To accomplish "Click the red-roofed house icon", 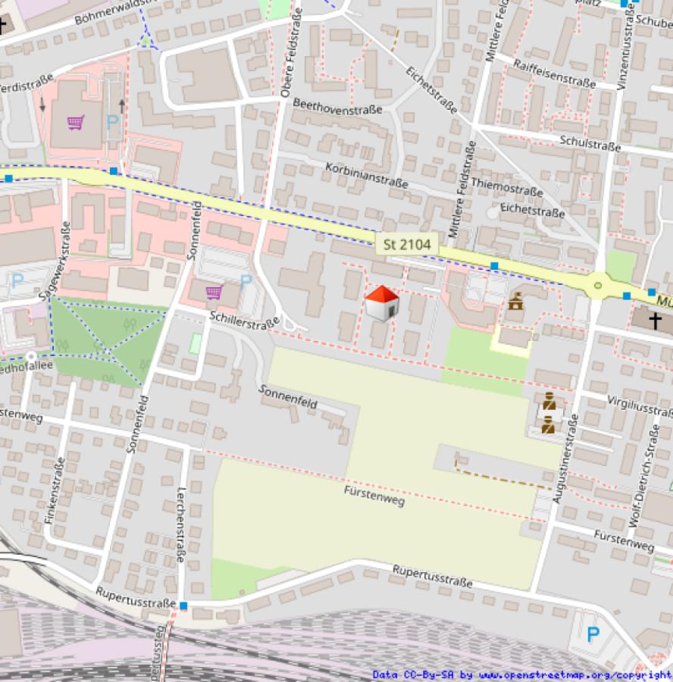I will (x=382, y=303).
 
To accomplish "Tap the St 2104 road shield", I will (x=407, y=244).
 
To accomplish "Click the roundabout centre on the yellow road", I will (x=599, y=286).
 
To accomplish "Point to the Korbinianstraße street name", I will (x=366, y=175).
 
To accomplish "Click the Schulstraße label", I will (x=590, y=143).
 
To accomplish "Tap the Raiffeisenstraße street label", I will (x=554, y=74).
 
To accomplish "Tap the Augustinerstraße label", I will (x=567, y=458).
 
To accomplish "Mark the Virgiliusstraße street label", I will (x=640, y=405).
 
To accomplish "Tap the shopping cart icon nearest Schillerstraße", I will (x=214, y=292).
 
